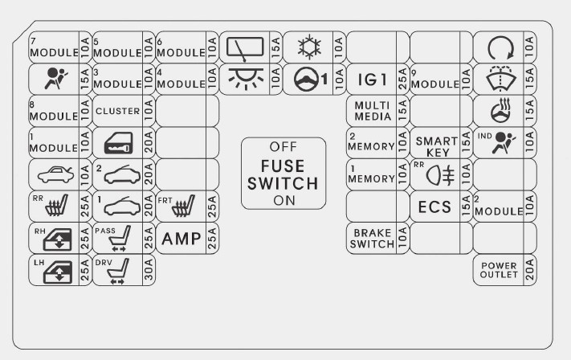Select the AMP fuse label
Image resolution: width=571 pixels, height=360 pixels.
pyautogui.click(x=181, y=238)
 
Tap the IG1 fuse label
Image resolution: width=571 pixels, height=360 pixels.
pyautogui.click(x=372, y=80)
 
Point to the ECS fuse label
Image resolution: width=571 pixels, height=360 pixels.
pyautogui.click(x=435, y=207)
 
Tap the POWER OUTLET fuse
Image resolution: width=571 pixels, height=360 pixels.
pyautogui.click(x=499, y=269)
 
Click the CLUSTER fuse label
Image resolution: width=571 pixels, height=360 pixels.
pyautogui.click(x=117, y=111)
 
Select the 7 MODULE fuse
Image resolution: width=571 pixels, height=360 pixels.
pyautogui.click(x=53, y=48)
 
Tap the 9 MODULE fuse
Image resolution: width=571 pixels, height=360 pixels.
pyautogui.click(x=434, y=80)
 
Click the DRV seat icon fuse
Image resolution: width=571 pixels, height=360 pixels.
pyautogui.click(x=117, y=270)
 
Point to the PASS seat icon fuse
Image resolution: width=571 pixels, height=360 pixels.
pyautogui.click(x=117, y=238)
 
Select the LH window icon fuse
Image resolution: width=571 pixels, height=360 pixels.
pyautogui.click(x=53, y=270)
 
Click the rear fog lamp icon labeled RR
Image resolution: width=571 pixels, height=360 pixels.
pyautogui.click(x=435, y=174)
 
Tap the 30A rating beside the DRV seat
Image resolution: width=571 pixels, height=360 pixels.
pyautogui.click(x=149, y=270)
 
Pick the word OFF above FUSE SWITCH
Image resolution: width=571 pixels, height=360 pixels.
pyautogui.click(x=283, y=147)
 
